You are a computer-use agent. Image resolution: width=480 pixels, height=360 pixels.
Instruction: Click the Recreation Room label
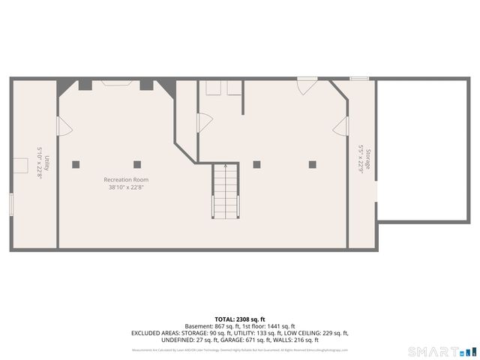(x=126, y=180)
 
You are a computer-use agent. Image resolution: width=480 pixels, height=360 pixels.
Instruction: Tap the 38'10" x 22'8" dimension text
(x=126, y=187)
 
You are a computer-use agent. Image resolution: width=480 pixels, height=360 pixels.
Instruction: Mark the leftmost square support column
(x=75, y=164)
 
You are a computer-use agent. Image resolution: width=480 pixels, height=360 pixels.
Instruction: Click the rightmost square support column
(x=313, y=164)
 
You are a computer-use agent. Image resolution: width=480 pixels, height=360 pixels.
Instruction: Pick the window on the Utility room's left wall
(x=11, y=203)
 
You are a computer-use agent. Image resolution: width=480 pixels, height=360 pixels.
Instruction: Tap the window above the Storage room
(x=360, y=78)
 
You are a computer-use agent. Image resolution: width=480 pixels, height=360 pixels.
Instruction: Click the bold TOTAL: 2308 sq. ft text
(x=240, y=319)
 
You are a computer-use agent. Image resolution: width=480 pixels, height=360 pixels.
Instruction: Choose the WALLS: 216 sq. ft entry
(x=300, y=340)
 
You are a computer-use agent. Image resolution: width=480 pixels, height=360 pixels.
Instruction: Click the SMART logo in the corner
(x=442, y=351)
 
